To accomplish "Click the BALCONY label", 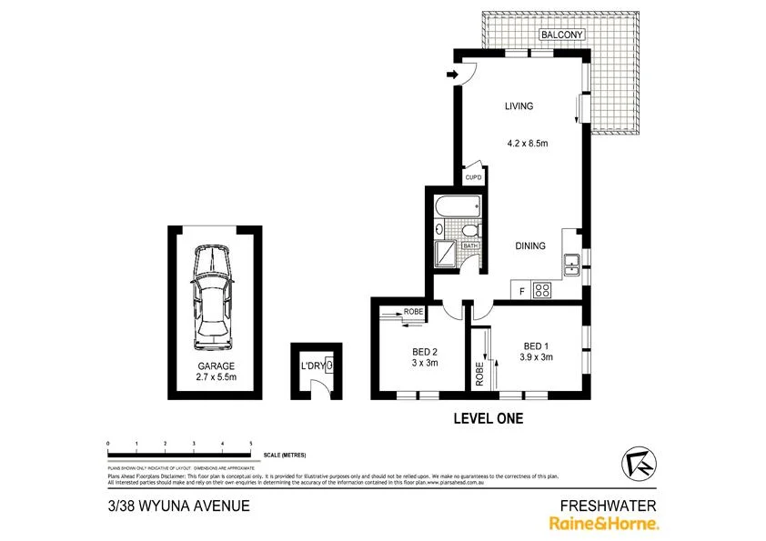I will (x=561, y=35).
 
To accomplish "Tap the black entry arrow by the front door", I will (x=452, y=75).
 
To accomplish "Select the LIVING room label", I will (x=519, y=106).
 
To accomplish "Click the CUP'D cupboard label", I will (x=473, y=178).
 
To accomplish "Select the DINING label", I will (x=529, y=246).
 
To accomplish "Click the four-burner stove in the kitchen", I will (x=543, y=291).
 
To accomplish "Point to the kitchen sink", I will (x=572, y=265).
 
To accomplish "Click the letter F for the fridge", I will (x=521, y=292).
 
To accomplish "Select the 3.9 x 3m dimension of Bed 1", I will (x=538, y=357).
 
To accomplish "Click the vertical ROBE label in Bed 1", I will (x=479, y=373).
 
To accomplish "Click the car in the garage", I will (x=212, y=299).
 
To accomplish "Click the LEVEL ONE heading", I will (x=488, y=418).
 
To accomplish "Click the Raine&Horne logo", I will (x=603, y=523).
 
